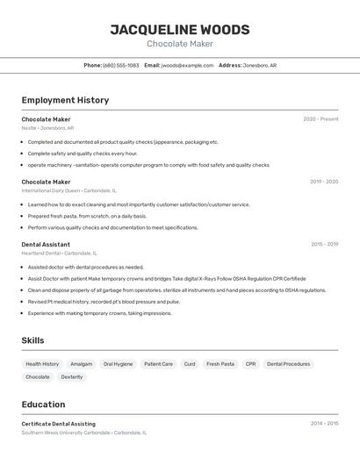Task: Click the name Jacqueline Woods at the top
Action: click(x=179, y=30)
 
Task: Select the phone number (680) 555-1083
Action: click(x=120, y=65)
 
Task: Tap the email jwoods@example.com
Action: click(x=187, y=65)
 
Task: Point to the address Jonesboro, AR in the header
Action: click(x=260, y=65)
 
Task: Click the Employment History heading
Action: click(x=65, y=100)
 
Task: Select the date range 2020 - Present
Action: click(x=320, y=119)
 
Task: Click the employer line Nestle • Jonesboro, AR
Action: click(x=47, y=128)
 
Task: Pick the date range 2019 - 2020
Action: click(x=324, y=182)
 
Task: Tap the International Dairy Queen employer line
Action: click(x=68, y=190)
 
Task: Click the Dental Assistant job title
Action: click(x=46, y=245)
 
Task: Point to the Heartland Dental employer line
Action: click(x=59, y=254)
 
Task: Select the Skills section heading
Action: click(x=32, y=340)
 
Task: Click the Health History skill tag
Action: click(x=42, y=364)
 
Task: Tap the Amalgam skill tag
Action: click(x=82, y=364)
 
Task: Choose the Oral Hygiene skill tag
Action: click(x=118, y=364)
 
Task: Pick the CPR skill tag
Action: click(x=250, y=364)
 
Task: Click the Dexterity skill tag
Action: click(x=72, y=377)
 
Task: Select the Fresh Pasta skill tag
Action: click(x=220, y=364)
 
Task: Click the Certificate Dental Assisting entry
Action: click(x=59, y=424)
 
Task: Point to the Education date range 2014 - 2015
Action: click(x=324, y=424)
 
